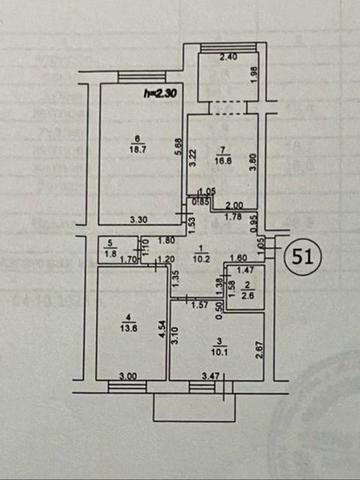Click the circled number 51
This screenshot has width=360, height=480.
click(306, 255)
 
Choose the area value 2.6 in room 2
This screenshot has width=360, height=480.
click(247, 296)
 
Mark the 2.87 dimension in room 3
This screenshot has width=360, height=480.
click(259, 348)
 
